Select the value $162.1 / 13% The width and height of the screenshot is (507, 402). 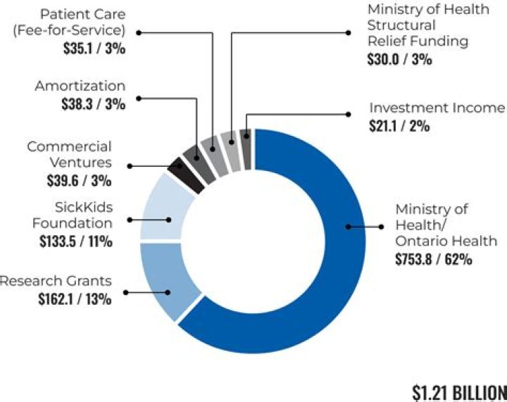tap(75, 299)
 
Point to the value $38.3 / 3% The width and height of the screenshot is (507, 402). tap(91, 104)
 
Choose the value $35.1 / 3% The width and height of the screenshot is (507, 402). tap(91, 49)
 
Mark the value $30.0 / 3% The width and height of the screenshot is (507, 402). tap(400, 59)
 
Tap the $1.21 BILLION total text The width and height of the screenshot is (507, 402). tap(458, 391)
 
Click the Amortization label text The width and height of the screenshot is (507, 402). tap(80, 86)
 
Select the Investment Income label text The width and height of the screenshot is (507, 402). tap(437, 108)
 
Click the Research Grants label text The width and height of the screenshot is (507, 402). tap(56, 281)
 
